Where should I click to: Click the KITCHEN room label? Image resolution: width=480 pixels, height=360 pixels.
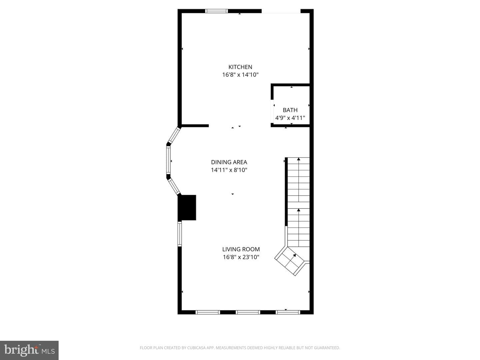[x=240, y=67]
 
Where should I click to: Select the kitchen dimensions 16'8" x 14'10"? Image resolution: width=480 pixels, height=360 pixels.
[x=240, y=75]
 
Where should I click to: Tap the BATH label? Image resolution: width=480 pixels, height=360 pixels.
[x=290, y=110]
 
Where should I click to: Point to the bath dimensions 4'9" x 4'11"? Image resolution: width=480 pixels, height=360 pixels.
[x=290, y=118]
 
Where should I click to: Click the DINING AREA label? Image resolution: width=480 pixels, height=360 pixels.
[x=229, y=162]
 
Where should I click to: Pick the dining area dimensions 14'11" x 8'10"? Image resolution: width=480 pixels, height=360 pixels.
[x=229, y=170]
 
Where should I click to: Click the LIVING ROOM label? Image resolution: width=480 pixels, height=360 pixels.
[x=241, y=249]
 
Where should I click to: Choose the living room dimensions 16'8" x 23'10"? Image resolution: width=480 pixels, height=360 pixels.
[x=241, y=257]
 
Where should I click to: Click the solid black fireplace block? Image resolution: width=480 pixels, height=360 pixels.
[x=187, y=207]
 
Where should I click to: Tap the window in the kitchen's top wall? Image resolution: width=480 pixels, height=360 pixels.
[x=216, y=11]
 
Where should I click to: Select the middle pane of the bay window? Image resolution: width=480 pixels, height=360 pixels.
[x=168, y=160]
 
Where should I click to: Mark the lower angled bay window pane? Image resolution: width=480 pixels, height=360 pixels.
[x=174, y=186]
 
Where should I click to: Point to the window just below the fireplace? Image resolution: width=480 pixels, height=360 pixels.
[x=180, y=234]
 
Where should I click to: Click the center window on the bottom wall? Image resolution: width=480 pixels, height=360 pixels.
[x=248, y=312]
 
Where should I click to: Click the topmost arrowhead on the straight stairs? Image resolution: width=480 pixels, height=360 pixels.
[x=298, y=159]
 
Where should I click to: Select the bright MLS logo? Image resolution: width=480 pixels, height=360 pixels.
[x=29, y=350]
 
